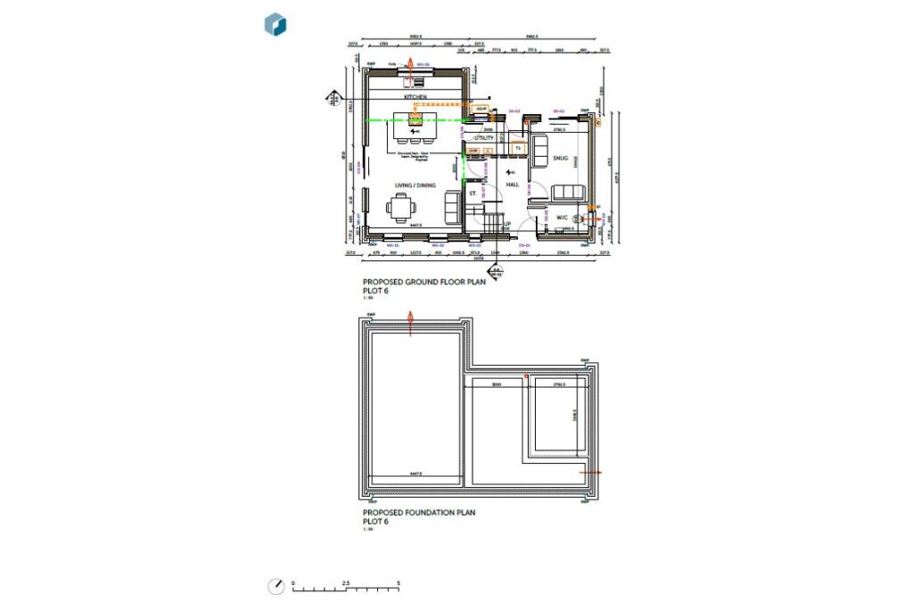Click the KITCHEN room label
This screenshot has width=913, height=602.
(415, 95)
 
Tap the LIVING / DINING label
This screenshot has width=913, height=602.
(415, 185)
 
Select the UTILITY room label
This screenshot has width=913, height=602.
(484, 138)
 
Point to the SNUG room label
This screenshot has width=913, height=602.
(560, 158)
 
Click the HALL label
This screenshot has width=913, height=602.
(512, 184)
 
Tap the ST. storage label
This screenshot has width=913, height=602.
(473, 193)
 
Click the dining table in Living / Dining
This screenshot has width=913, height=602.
(401, 209)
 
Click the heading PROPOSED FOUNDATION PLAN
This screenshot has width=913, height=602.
(419, 513)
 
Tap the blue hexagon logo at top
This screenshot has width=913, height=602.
(276, 24)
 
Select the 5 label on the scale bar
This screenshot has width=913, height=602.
(399, 582)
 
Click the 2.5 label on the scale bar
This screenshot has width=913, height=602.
(345, 582)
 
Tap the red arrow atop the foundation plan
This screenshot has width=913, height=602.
(410, 320)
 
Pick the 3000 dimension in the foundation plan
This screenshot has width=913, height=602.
(497, 383)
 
